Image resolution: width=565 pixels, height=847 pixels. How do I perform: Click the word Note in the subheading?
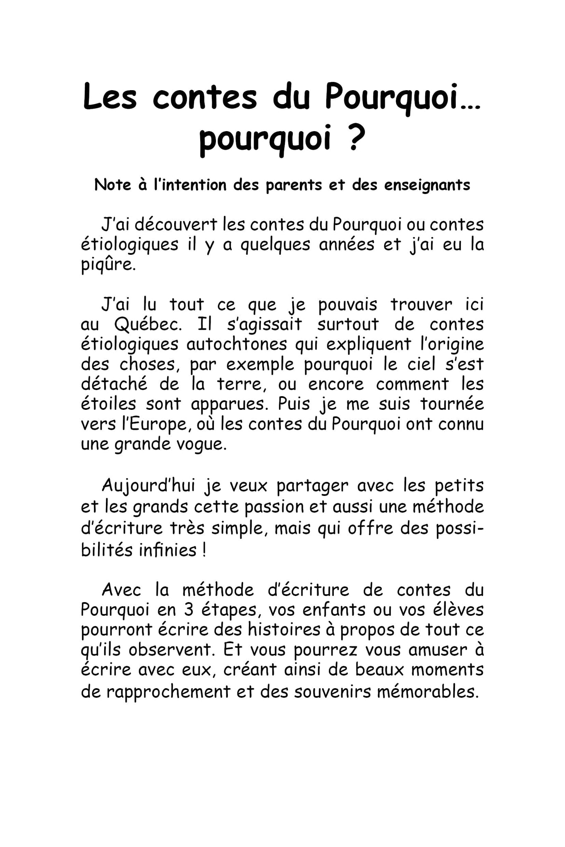(113, 184)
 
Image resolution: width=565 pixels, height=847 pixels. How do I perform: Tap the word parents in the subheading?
(293, 185)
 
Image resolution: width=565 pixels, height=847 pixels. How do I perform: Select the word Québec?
(148, 324)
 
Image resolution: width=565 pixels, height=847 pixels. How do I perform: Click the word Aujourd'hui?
(148, 485)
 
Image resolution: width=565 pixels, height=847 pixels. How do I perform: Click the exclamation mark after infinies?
(204, 550)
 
